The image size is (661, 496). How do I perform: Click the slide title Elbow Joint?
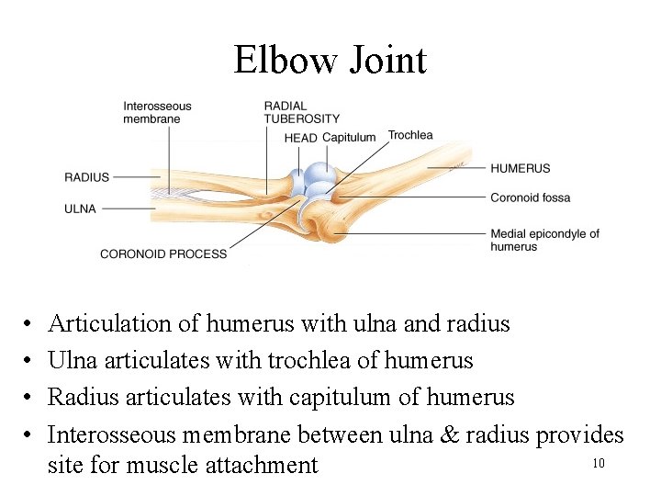coord(330,61)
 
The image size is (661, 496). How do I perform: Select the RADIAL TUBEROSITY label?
coord(301,112)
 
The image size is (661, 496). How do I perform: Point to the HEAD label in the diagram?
coord(300,138)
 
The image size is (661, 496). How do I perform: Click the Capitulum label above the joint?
coord(349,138)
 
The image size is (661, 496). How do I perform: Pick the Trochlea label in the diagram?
coord(410,135)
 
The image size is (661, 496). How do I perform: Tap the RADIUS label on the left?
coord(86,177)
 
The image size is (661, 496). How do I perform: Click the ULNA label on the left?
coord(80,209)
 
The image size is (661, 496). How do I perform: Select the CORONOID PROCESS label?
coord(162,254)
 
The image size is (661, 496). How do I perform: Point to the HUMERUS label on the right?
coord(520,168)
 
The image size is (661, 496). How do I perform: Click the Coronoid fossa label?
coord(530,197)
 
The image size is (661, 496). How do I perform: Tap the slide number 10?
coord(598,463)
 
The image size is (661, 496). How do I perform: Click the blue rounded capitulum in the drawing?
coord(321,175)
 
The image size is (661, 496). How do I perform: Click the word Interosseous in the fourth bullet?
coord(113,434)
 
